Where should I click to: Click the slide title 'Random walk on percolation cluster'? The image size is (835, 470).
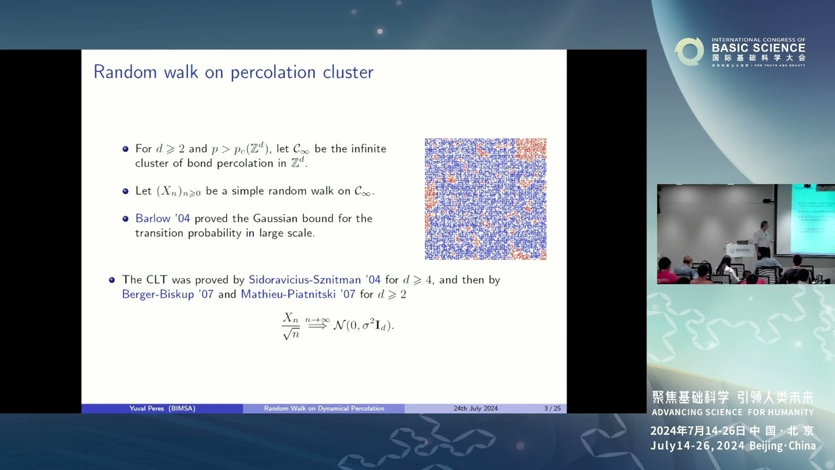point(233,72)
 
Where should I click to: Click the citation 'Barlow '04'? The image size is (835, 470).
point(162,219)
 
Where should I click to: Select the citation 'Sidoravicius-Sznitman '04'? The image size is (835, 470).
point(314,280)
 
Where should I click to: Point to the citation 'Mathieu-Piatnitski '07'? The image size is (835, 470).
point(298,294)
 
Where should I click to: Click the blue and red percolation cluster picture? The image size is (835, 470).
point(485,198)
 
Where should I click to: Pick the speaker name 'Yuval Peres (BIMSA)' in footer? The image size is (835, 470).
point(162,409)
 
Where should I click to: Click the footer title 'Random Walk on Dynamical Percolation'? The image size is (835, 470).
point(324,409)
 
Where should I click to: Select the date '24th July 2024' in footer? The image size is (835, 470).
point(476,409)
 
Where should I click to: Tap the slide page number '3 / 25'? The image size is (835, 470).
point(552,409)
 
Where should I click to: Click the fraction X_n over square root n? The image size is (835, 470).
point(291,326)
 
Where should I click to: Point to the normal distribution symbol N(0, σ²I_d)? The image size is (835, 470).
point(363,325)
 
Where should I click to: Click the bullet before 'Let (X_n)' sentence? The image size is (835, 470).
point(126,191)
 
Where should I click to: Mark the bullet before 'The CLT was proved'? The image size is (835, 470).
point(112,280)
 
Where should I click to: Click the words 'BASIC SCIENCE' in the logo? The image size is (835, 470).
point(759,48)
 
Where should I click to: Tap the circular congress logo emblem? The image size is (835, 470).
point(689,52)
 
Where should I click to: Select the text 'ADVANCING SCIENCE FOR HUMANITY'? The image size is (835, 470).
point(733,413)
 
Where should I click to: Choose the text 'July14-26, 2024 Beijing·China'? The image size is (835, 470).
point(733,446)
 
